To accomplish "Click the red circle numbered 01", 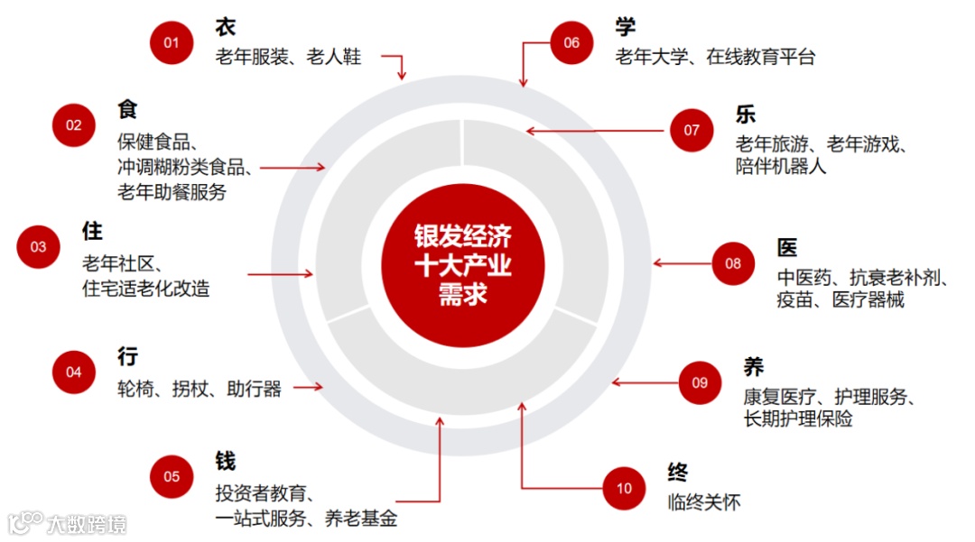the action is coord(172,42).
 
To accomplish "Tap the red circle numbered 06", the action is coord(571,42).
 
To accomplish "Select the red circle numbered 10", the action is coord(625,489).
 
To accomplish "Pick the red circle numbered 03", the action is coord(39,246).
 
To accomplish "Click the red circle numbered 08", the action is coord(733,263).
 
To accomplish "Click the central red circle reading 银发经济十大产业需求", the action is coord(462,265).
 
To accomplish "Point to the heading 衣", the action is coord(226,27).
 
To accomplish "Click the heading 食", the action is coord(127,109).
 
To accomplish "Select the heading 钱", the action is coord(226,461).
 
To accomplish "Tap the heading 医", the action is coord(787,247).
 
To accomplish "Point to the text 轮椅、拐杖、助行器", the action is coord(200,389).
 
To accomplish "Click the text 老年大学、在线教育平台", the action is coord(715,57).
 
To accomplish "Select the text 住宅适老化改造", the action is coord(145,289).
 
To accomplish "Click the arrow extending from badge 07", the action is coord(597,131).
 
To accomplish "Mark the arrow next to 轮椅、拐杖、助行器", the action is coord(308,388).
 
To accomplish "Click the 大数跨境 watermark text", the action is coord(88,523).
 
